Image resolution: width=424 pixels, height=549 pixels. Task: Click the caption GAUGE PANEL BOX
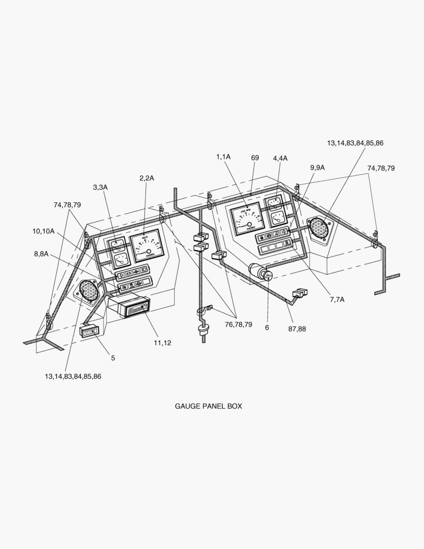(x=208, y=406)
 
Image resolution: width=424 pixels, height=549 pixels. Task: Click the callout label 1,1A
(x=223, y=157)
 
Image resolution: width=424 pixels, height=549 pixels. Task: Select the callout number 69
(x=255, y=158)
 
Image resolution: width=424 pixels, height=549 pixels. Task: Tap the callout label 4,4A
(x=280, y=158)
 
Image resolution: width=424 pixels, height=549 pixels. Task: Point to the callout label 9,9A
(x=317, y=167)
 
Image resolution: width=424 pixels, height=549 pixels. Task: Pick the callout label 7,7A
(x=337, y=299)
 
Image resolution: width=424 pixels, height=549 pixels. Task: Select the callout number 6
(x=267, y=328)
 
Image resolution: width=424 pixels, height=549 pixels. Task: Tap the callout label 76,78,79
(x=238, y=324)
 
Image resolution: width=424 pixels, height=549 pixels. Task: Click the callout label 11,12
(x=162, y=343)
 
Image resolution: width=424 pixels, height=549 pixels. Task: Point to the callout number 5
(x=113, y=358)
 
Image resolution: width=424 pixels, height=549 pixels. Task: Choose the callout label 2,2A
(x=146, y=177)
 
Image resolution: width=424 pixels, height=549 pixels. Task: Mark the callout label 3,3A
(x=100, y=187)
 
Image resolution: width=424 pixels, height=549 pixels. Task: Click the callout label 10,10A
(x=43, y=231)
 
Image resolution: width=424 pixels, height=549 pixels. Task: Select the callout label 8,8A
(x=41, y=254)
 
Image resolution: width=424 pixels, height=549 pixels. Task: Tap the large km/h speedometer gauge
(x=147, y=246)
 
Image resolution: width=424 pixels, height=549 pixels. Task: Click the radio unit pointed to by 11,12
(x=129, y=307)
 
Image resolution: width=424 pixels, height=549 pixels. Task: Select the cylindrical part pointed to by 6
(x=262, y=272)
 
